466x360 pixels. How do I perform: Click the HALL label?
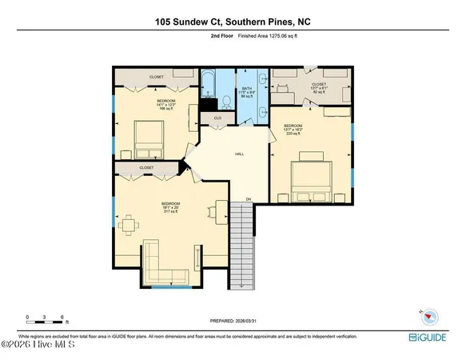click(239, 154)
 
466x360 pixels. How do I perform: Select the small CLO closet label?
click(216, 119)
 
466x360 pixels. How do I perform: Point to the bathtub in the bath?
click(209, 83)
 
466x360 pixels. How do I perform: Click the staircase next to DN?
click(242, 247)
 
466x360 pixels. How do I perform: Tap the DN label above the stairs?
click(248, 198)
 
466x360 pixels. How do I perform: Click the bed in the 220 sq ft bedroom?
click(311, 180)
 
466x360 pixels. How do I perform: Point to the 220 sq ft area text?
click(293, 134)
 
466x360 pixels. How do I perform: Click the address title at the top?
click(233, 22)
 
